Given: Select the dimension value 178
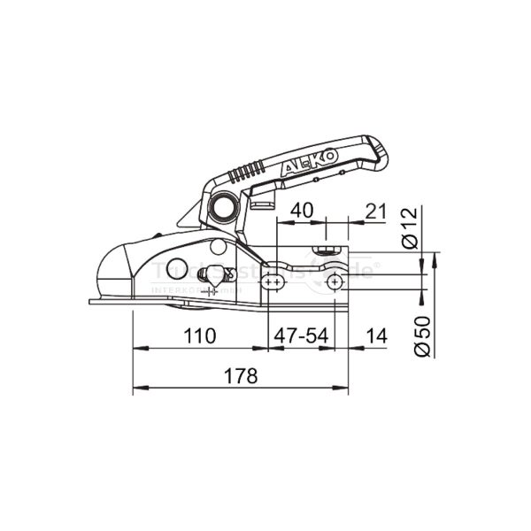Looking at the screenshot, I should click(240, 375).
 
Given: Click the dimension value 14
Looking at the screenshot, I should click(376, 336).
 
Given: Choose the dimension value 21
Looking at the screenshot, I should click(376, 212).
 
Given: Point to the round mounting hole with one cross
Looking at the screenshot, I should click(336, 281).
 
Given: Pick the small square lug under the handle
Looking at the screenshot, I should click(259, 204).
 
